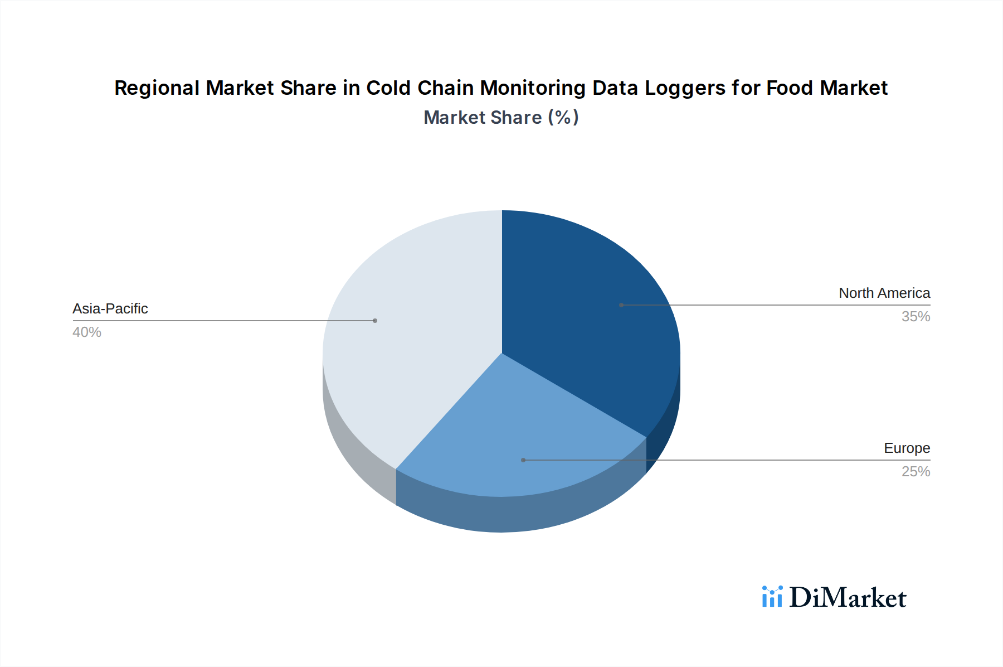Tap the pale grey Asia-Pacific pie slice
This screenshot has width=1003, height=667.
(x=412, y=335)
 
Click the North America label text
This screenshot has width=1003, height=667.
(x=884, y=293)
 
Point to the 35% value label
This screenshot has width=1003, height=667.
(x=916, y=316)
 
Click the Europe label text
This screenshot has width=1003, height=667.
(x=907, y=448)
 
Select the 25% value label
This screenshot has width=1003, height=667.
(x=916, y=471)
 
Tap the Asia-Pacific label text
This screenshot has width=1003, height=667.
(x=110, y=308)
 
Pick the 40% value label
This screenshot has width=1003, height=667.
(x=87, y=332)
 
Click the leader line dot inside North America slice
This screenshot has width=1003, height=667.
(x=621, y=305)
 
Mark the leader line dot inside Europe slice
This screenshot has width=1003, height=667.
(x=523, y=460)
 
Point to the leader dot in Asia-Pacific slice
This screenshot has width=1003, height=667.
(x=375, y=321)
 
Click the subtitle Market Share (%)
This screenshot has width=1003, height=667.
(x=501, y=118)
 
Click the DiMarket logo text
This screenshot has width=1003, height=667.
(x=848, y=598)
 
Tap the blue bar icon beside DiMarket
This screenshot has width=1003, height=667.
(x=772, y=597)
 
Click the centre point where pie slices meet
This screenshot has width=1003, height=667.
(x=502, y=353)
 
